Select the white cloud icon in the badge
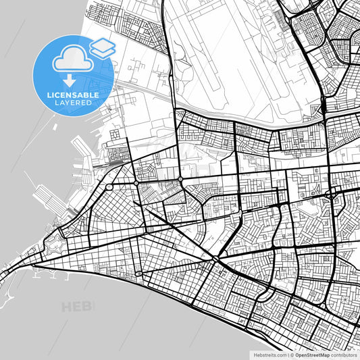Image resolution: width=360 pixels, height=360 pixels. click(72, 59)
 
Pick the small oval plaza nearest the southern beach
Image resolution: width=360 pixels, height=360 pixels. click(138, 274)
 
